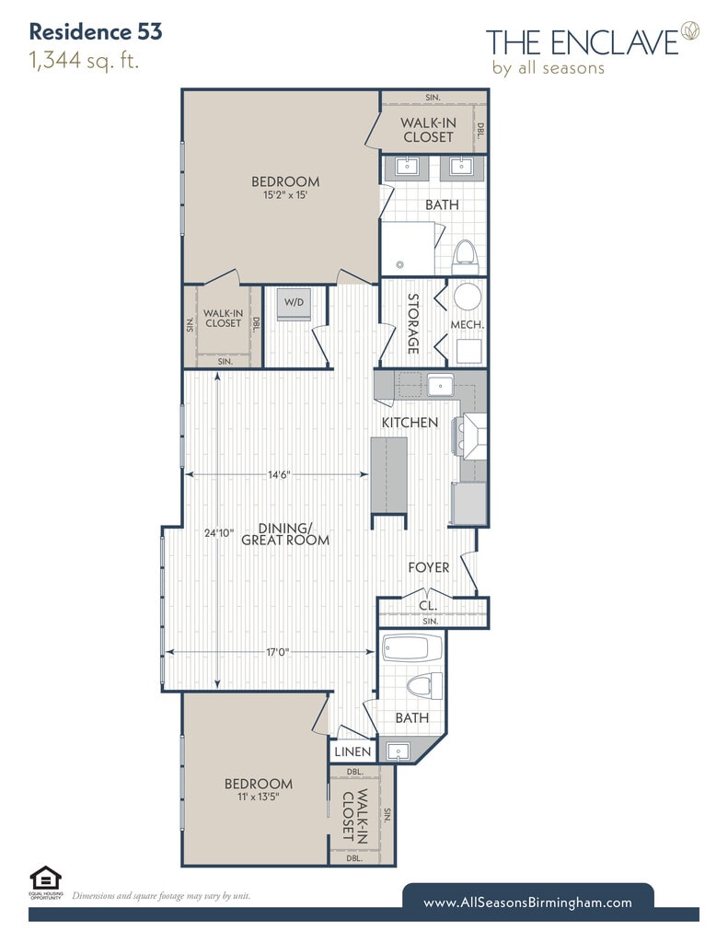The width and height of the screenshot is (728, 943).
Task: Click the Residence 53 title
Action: click(x=96, y=32)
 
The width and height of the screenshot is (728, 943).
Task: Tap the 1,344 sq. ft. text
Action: click(x=84, y=61)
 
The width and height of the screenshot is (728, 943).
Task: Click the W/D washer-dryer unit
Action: click(x=294, y=304)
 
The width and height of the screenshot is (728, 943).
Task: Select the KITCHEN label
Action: click(x=410, y=423)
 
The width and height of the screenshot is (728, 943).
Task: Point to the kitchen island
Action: click(x=389, y=476)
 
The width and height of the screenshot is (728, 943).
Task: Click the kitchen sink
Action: click(x=441, y=384)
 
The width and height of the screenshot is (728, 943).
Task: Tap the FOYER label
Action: click(x=429, y=567)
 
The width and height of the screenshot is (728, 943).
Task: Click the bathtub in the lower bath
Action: click(x=412, y=647)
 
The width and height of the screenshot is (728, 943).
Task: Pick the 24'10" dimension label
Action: click(x=218, y=533)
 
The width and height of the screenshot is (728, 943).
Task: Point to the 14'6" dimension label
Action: click(x=279, y=474)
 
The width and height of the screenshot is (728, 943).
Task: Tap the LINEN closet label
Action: click(x=352, y=751)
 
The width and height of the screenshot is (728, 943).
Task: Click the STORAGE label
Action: click(x=413, y=323)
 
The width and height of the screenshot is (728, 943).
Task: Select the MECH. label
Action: click(x=468, y=324)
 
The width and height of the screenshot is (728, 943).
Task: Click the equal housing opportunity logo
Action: click(x=46, y=881)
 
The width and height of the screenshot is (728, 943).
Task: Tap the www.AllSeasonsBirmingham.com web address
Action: click(x=527, y=902)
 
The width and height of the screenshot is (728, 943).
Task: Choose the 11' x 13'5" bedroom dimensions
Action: click(x=259, y=797)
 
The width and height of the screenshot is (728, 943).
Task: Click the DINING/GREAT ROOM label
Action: click(x=285, y=534)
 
